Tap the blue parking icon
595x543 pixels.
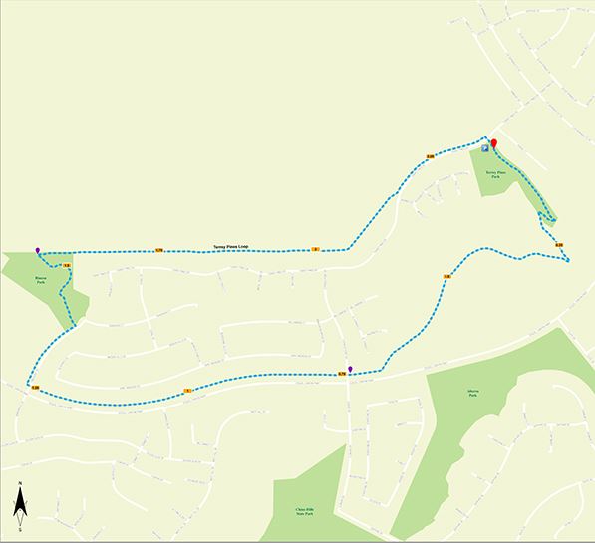485,148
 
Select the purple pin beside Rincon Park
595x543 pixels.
38,250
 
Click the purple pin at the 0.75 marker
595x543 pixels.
350,369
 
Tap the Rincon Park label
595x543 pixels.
41,280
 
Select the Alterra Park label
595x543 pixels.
473,394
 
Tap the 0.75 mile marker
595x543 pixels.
342,375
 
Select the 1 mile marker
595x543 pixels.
186,390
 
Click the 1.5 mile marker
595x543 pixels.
66,266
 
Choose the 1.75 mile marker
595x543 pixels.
158,250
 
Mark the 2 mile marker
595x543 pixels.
315,249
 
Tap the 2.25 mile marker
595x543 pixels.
431,156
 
